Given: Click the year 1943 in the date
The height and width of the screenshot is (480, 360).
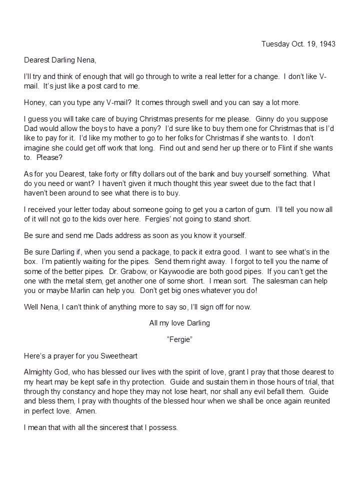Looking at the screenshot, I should [x=327, y=44].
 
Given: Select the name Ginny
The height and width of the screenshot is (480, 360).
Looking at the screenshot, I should [x=265, y=119].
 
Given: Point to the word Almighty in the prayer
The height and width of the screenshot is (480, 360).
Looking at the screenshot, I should [x=39, y=372].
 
